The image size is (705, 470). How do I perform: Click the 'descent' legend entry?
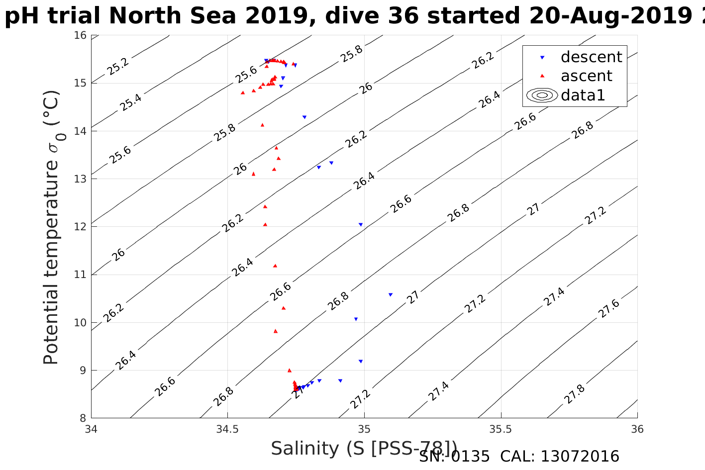point(591,57)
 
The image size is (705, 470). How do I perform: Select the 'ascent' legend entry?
point(586,76)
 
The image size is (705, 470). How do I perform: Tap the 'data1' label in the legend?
point(583,95)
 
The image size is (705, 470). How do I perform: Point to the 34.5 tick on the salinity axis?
point(227,429)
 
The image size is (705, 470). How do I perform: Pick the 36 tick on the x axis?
point(637,429)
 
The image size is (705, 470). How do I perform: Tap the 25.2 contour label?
point(118,67)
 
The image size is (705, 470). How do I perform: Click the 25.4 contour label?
point(131,102)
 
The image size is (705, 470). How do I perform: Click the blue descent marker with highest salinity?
point(391,294)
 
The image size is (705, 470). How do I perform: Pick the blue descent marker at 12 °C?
point(361,224)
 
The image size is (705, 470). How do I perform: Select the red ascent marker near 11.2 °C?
point(275,266)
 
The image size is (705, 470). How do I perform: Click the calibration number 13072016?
point(580,456)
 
